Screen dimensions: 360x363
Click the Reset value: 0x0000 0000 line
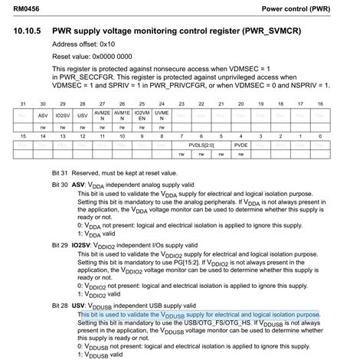[92, 56]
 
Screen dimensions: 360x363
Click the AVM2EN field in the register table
[101, 115]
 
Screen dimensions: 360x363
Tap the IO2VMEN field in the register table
[140, 115]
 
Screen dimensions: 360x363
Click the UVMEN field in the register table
[160, 115]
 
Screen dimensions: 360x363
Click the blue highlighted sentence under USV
[199, 315]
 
